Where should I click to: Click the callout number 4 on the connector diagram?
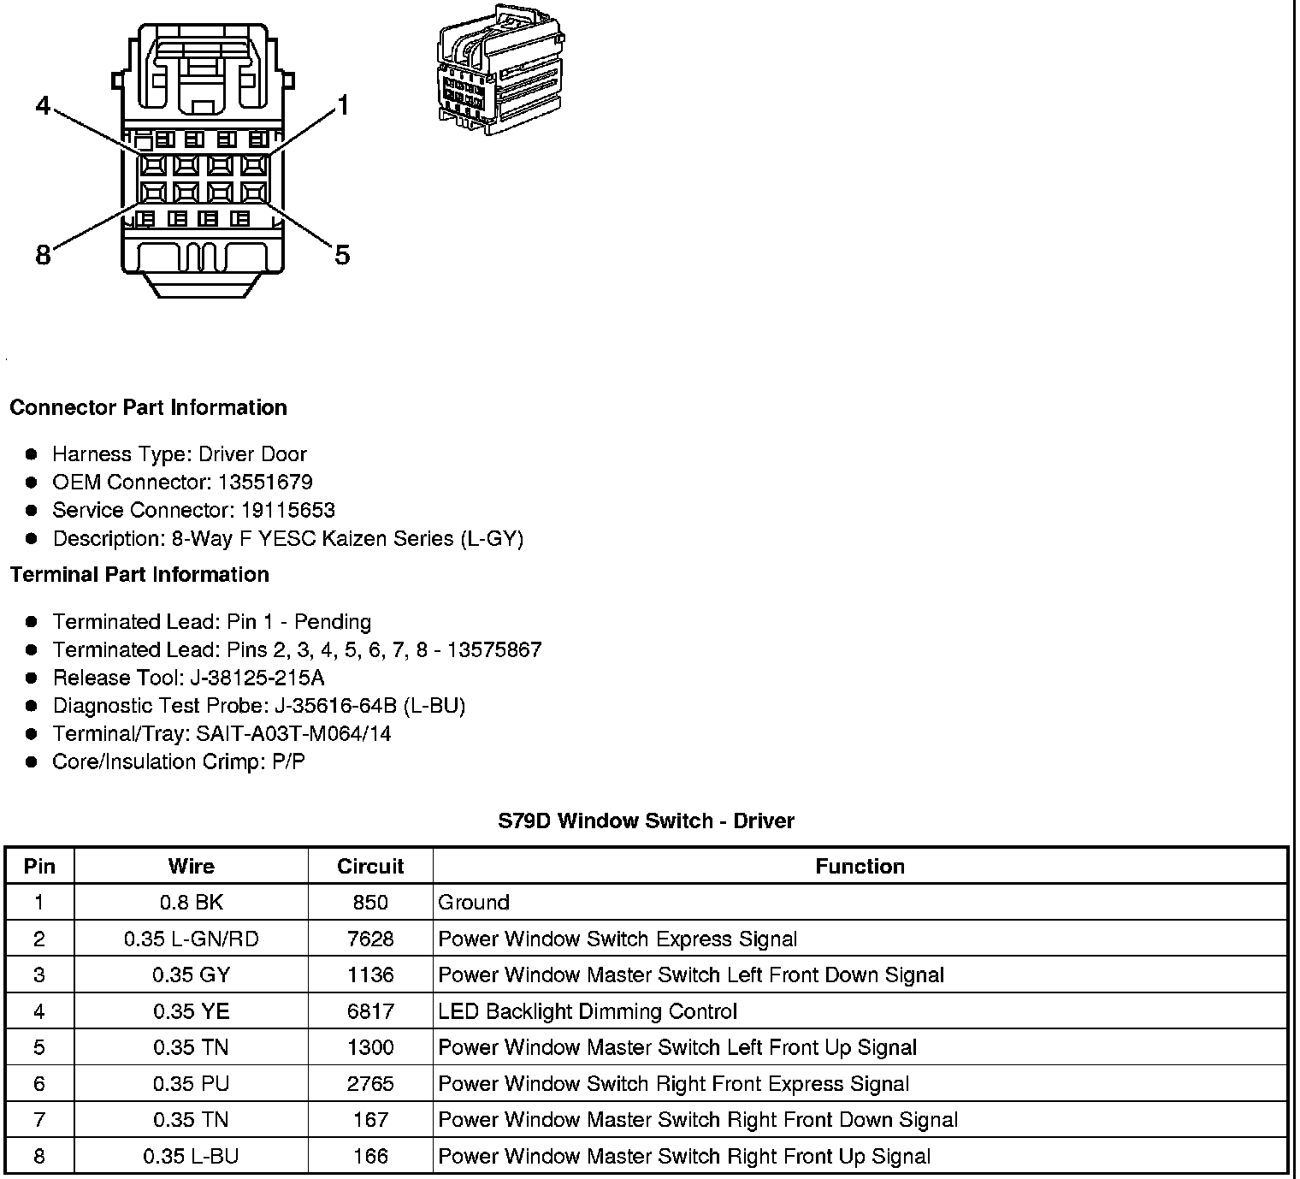pyautogui.click(x=43, y=106)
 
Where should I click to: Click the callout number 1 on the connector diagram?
pyautogui.click(x=342, y=106)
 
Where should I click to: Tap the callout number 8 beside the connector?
pyautogui.click(x=43, y=254)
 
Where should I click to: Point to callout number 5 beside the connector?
pyautogui.click(x=342, y=254)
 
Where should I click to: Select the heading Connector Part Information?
pyautogui.click(x=148, y=407)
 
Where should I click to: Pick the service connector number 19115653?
pyautogui.click(x=287, y=510)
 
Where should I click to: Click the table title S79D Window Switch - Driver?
pyautogui.click(x=646, y=821)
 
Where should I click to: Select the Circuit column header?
pyautogui.click(x=370, y=866)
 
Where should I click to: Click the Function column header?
pyautogui.click(x=860, y=866)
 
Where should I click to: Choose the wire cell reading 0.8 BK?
pyautogui.click(x=191, y=903)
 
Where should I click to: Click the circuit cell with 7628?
pyautogui.click(x=370, y=939)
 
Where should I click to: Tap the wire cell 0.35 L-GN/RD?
pyautogui.click(x=191, y=939)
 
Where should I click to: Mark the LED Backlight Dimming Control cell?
pyautogui.click(x=587, y=1011)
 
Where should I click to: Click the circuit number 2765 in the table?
pyautogui.click(x=370, y=1084)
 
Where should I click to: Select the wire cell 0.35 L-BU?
pyautogui.click(x=191, y=1157)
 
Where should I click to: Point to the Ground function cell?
pyautogui.click(x=474, y=903)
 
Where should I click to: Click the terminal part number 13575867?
pyautogui.click(x=493, y=649)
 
